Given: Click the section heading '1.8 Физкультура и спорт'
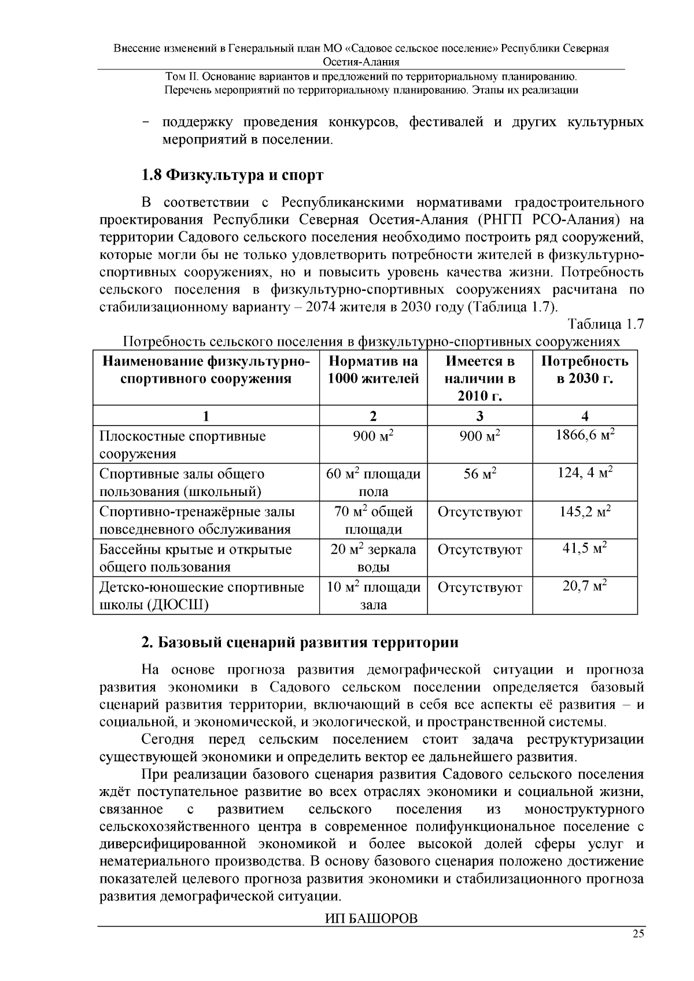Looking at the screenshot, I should pyautogui.click(x=232, y=175).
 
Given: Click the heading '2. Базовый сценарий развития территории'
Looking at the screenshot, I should pyautogui.click(x=300, y=642).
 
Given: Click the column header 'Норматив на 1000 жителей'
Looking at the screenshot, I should pyautogui.click(x=373, y=371).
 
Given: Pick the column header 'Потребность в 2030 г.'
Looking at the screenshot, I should pyautogui.click(x=584, y=371).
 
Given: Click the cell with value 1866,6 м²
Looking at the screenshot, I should pyautogui.click(x=585, y=435).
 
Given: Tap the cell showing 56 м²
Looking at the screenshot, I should pyautogui.click(x=479, y=474).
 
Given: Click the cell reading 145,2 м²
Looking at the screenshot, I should pyautogui.click(x=585, y=511).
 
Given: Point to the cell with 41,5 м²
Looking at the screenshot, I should pyautogui.click(x=585, y=549).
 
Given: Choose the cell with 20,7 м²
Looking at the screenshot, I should pyautogui.click(x=585, y=587).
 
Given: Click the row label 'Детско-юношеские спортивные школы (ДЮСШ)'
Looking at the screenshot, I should pyautogui.click(x=201, y=596).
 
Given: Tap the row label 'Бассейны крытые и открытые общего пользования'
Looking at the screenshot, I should pyautogui.click(x=195, y=558).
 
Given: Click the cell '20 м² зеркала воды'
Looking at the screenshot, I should pyautogui.click(x=373, y=558).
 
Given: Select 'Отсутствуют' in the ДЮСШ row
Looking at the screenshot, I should pyautogui.click(x=479, y=588).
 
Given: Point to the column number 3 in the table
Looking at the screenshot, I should pyautogui.click(x=479, y=416).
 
